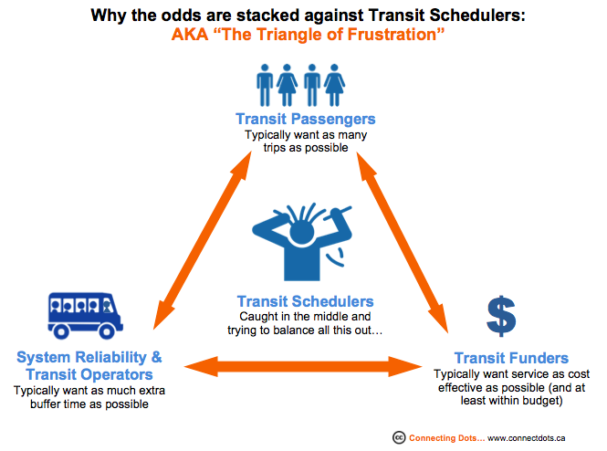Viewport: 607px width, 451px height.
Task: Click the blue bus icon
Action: point(85,316)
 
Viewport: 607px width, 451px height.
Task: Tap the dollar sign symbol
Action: point(501,316)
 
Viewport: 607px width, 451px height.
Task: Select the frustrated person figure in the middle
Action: point(302,242)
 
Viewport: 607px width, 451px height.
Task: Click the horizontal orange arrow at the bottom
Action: point(303,366)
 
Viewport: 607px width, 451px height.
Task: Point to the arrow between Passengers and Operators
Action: point(203,240)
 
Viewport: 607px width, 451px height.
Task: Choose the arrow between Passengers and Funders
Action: point(403,242)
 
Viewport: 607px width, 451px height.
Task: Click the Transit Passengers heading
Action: point(306,119)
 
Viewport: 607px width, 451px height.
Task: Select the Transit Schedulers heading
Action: point(306,301)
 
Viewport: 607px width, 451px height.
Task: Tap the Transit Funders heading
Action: point(511,358)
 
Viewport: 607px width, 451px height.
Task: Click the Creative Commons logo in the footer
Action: point(399,438)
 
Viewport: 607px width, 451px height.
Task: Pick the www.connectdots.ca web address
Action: point(526,438)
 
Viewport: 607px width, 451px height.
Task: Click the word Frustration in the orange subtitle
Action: point(392,35)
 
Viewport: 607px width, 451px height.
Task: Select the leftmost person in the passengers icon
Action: point(265,85)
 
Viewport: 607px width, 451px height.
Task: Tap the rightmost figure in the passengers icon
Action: point(334,85)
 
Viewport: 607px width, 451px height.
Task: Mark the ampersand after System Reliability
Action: point(157,357)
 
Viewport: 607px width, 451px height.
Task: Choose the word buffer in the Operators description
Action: point(45,404)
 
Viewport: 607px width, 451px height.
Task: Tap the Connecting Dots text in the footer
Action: point(446,438)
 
